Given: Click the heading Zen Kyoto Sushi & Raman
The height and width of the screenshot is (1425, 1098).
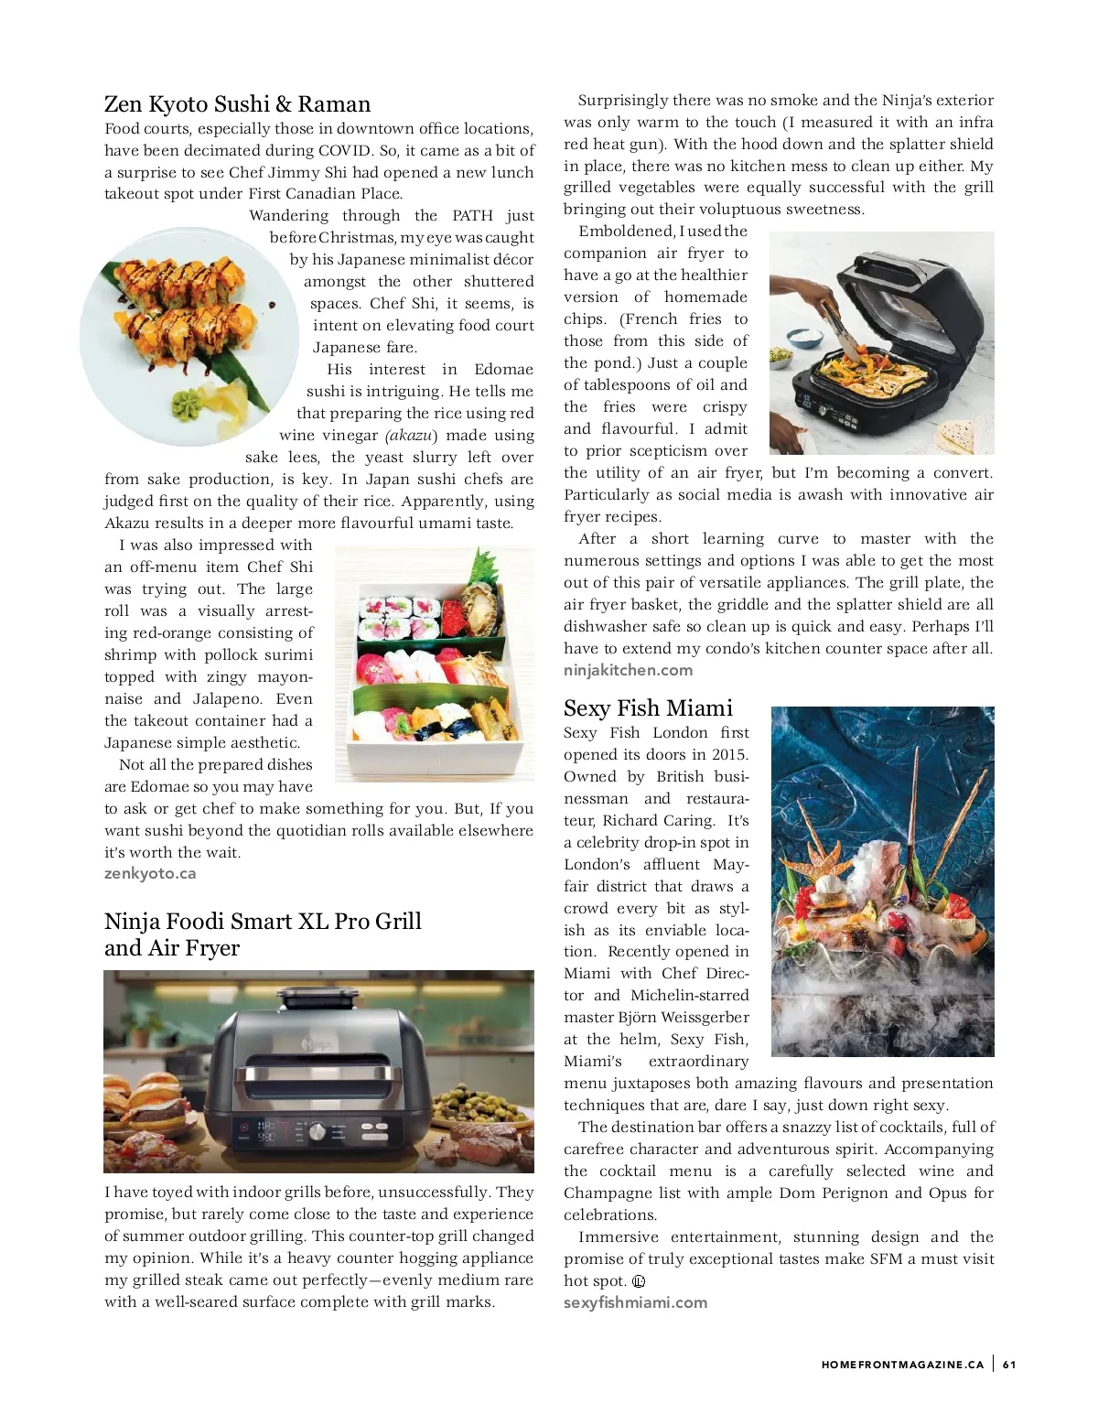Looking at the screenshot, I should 237,104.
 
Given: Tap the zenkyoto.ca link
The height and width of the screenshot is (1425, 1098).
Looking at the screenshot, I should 150,873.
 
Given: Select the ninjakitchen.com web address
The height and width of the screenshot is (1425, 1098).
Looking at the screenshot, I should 628,670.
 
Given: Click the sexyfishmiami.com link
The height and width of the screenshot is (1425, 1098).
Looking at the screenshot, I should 635,1302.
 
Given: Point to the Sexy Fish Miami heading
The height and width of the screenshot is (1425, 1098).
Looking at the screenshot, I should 648,708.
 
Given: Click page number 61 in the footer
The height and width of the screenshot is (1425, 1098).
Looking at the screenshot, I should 1009,1365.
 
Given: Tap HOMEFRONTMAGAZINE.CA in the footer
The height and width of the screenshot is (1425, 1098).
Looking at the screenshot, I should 902,1365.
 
